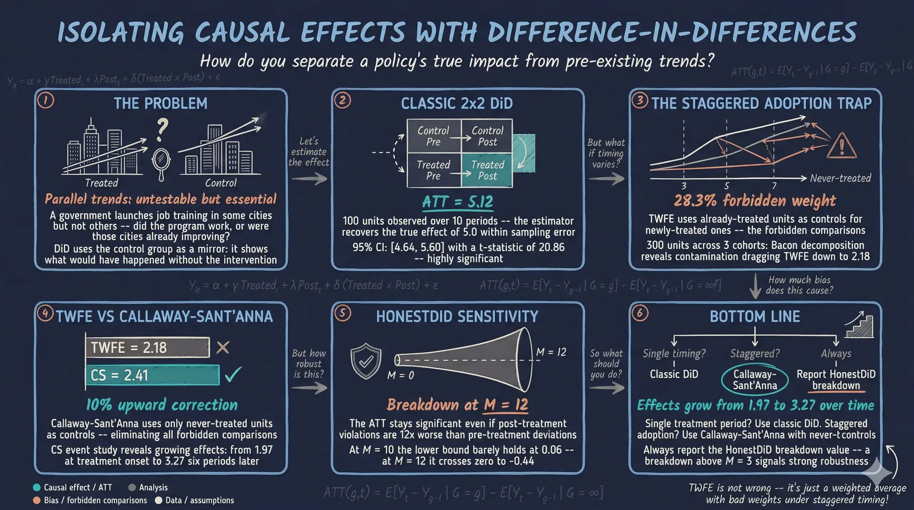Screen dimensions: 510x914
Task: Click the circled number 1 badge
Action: (x=45, y=101)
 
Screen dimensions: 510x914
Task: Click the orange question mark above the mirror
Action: (x=162, y=130)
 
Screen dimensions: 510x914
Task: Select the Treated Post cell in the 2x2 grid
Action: (x=487, y=170)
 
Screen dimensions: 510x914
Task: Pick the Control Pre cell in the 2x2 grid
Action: (x=433, y=136)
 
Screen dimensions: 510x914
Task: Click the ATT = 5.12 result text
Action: (x=457, y=202)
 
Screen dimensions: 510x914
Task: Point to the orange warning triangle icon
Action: (x=842, y=146)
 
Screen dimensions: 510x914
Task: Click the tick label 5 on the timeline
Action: (x=726, y=186)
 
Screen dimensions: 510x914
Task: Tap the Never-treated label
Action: (x=840, y=178)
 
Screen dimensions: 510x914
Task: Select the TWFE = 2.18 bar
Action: (x=147, y=347)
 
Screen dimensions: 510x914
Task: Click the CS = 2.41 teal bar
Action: (x=152, y=375)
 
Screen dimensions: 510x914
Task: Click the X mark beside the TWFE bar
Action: (x=223, y=347)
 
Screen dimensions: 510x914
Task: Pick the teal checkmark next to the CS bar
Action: (x=233, y=374)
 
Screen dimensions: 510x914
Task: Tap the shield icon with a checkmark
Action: (x=366, y=361)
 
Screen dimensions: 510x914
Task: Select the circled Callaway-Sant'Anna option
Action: (x=754, y=379)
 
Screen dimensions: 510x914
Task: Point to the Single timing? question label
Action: (x=674, y=353)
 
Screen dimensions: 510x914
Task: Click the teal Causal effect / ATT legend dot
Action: (x=36, y=488)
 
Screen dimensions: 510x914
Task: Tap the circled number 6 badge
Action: (x=639, y=314)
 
